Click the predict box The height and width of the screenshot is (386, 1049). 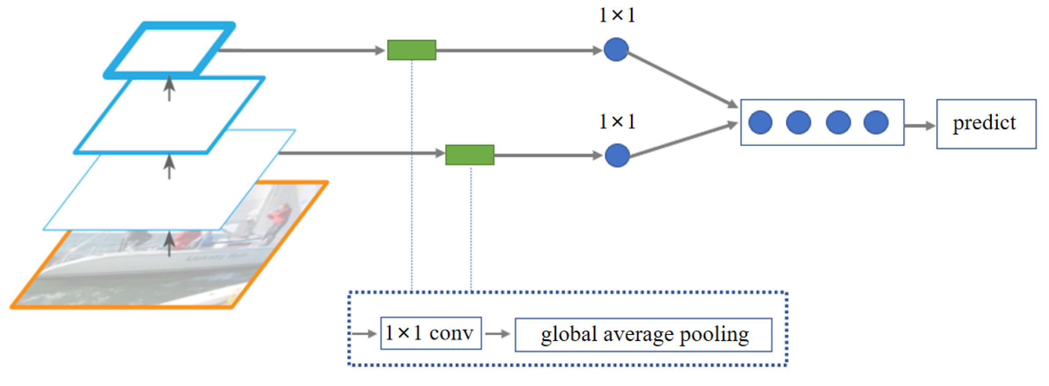click(986, 124)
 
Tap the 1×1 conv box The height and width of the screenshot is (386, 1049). click(431, 333)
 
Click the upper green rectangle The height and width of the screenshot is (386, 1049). click(411, 50)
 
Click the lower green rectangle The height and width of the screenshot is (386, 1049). click(469, 155)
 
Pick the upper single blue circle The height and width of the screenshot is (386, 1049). click(616, 49)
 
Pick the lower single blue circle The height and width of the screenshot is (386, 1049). click(617, 155)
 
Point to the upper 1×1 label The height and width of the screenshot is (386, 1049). click(617, 15)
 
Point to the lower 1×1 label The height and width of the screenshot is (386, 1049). click(617, 121)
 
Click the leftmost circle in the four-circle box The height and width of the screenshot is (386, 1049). click(760, 122)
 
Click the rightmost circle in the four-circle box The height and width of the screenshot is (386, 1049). click(876, 122)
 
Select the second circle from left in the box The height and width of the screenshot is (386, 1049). click(798, 122)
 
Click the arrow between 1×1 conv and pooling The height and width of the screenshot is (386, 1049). click(497, 334)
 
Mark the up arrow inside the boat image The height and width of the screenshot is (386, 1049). click(169, 244)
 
